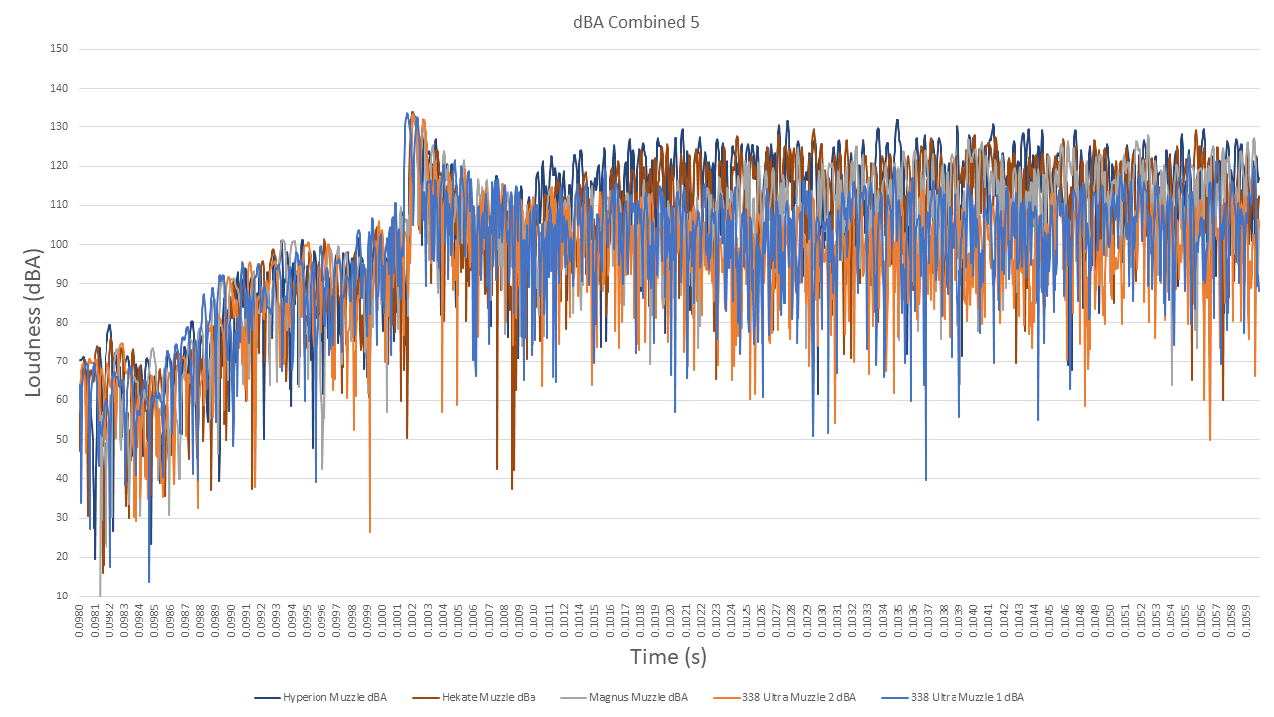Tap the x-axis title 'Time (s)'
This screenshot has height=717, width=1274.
point(668,657)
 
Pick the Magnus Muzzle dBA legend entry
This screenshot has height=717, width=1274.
point(637,697)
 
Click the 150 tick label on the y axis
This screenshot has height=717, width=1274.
point(59,49)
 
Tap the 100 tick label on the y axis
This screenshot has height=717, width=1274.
point(59,245)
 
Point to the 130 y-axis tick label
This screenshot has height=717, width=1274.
point(59,127)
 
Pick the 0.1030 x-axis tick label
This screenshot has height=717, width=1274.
point(823,621)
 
